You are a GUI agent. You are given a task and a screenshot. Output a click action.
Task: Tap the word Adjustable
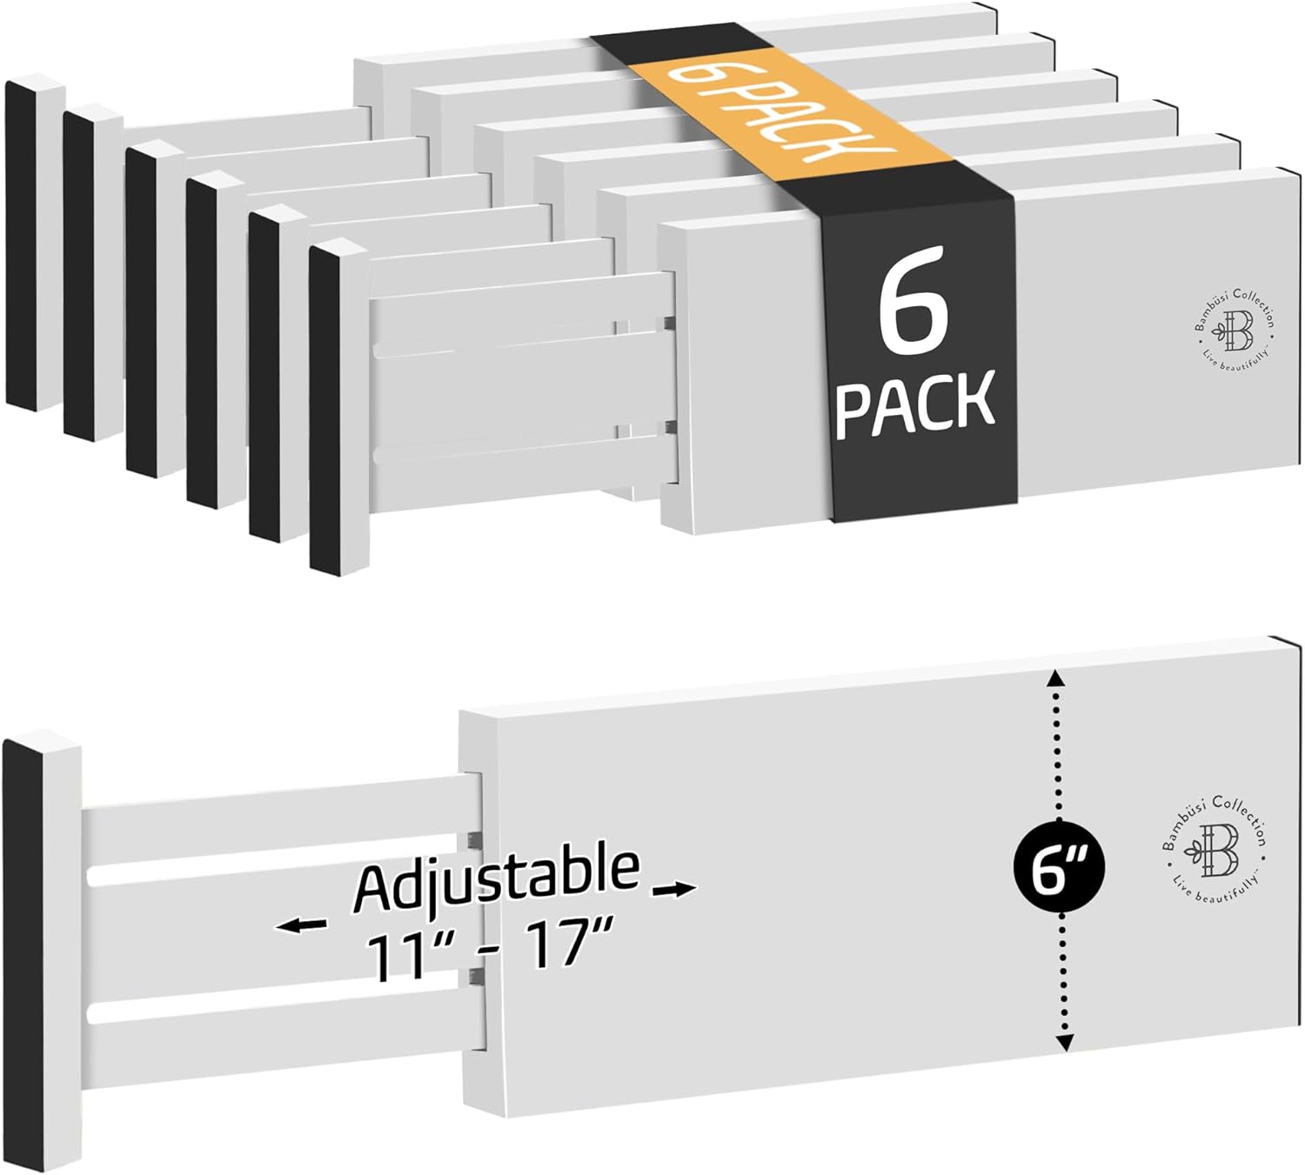(x=497, y=878)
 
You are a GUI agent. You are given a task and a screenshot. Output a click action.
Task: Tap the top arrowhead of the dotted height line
(x=1054, y=680)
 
